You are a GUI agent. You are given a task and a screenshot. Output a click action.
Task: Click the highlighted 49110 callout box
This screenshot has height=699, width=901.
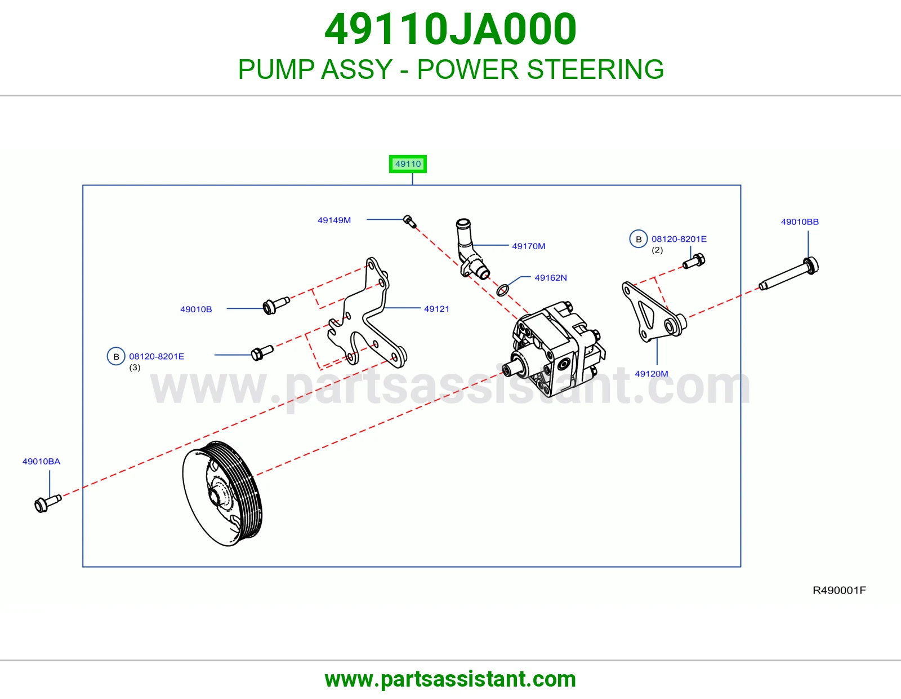(x=408, y=164)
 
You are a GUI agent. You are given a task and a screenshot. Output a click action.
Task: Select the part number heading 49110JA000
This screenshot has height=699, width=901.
(x=450, y=29)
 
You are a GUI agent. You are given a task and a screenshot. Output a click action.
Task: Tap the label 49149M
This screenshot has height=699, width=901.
(x=334, y=220)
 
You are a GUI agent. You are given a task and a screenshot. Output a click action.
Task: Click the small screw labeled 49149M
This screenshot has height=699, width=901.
(x=409, y=221)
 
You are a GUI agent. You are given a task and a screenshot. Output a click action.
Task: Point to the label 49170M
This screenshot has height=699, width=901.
(x=529, y=246)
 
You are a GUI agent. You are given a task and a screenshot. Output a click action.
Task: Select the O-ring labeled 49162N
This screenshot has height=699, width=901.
(x=502, y=290)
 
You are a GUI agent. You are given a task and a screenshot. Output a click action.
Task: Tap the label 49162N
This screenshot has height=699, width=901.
(x=551, y=278)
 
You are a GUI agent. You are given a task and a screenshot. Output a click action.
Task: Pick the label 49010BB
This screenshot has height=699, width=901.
(x=800, y=222)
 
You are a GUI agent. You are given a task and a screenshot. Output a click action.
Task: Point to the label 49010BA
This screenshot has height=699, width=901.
(x=42, y=461)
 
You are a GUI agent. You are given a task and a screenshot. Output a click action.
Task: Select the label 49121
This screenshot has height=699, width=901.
(x=436, y=309)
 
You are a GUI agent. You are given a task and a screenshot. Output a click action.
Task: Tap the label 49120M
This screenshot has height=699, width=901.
(x=652, y=374)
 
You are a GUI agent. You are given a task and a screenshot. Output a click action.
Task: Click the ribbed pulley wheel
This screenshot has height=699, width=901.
(x=222, y=493)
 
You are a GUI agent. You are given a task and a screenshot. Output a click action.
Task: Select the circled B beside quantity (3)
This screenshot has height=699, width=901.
(x=116, y=356)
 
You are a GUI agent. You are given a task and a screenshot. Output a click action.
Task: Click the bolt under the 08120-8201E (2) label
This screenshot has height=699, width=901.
(x=694, y=261)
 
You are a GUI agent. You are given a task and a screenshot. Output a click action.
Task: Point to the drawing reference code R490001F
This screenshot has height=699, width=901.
(x=839, y=590)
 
